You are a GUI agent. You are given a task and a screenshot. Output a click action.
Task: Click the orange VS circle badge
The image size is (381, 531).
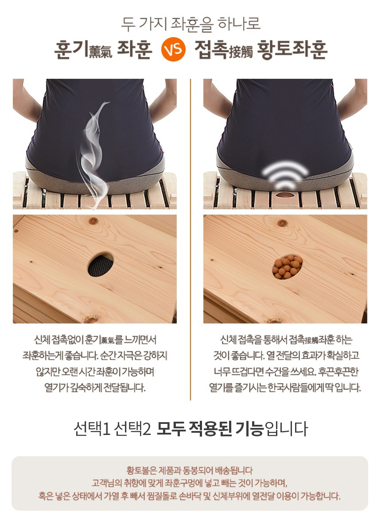click(x=173, y=49)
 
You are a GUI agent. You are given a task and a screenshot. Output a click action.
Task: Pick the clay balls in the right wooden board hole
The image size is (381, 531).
click(x=287, y=266)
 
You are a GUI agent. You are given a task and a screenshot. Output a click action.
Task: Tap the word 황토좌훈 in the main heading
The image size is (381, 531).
click(x=292, y=50)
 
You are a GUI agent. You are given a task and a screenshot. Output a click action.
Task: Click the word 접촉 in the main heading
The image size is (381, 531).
click(x=211, y=49)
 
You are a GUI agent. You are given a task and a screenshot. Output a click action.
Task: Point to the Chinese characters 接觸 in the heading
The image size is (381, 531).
click(x=241, y=53)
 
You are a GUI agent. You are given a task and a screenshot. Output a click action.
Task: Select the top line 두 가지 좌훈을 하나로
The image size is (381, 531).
click(x=190, y=24)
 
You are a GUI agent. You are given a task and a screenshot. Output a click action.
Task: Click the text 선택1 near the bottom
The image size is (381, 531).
click(x=92, y=428)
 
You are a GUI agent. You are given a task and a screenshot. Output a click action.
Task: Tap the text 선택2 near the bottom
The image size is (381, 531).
click(x=132, y=428)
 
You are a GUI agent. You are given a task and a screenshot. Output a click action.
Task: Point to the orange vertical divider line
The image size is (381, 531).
click(x=190, y=239)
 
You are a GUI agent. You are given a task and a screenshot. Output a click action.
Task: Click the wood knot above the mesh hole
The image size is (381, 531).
click(x=93, y=221)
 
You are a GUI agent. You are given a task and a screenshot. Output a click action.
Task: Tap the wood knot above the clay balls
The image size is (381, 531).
click(x=283, y=223)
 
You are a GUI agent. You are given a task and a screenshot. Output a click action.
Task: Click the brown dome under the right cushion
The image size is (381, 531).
click(x=285, y=195)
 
